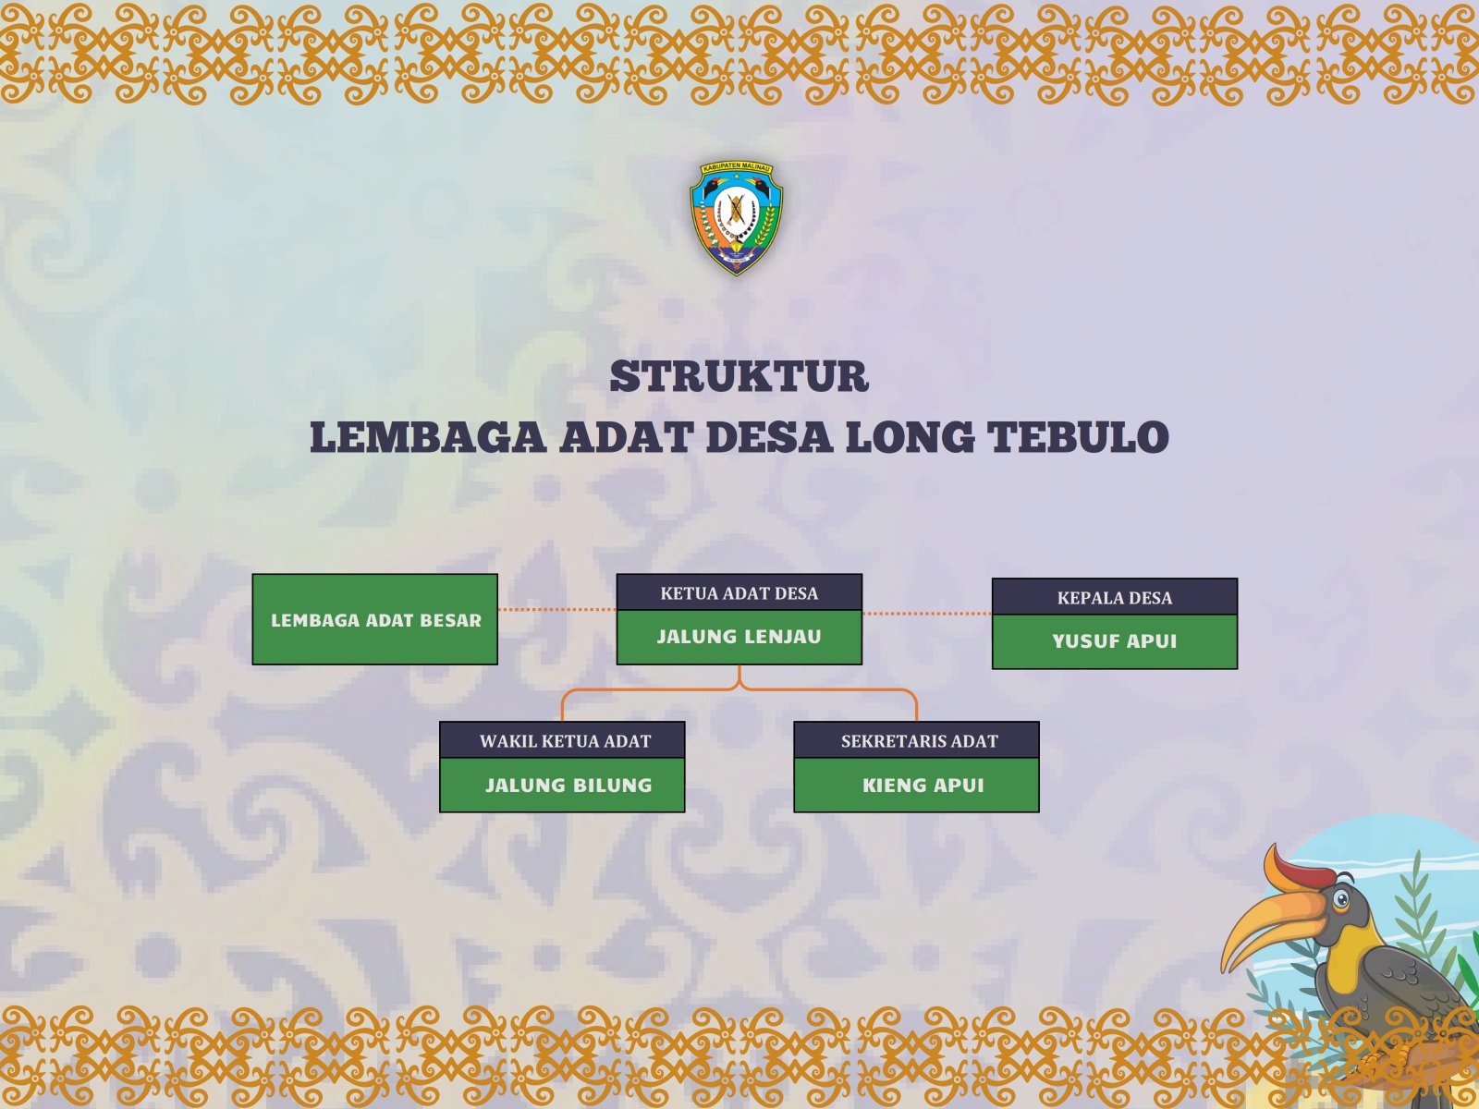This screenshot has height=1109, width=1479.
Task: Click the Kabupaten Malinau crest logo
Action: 737,218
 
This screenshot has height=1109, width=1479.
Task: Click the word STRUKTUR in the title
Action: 739,376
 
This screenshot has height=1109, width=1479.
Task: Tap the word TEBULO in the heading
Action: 1078,437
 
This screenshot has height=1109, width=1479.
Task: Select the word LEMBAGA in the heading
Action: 428,437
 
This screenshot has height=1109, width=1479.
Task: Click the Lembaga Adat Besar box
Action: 375,619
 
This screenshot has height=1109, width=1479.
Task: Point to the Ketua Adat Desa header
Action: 739,592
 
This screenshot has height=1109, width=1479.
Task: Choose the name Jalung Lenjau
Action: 739,637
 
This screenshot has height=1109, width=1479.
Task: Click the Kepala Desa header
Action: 1115,597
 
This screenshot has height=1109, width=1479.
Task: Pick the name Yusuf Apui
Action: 1115,641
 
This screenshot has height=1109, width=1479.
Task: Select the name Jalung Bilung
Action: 568,786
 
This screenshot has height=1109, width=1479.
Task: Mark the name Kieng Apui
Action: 923,786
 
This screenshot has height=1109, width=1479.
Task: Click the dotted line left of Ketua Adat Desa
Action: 557,609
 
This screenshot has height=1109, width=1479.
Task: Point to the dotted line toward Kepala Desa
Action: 927,614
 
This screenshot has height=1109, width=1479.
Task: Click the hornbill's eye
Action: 1340,899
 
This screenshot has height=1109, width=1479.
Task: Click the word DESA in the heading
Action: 769,437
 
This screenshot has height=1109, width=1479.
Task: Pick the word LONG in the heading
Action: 911,437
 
